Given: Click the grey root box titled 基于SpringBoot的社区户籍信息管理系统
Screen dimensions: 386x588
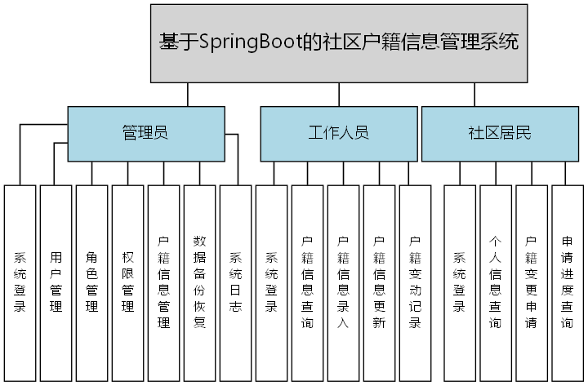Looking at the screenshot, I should (x=339, y=42).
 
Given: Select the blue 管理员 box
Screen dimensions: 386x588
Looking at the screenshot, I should (x=145, y=133).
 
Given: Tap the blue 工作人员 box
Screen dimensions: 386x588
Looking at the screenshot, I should (x=338, y=133).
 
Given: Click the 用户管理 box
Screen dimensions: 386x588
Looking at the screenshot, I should (x=56, y=282).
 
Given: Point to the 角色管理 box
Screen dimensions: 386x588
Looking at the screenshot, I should (x=91, y=282).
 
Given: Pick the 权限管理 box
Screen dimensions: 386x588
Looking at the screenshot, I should (x=127, y=282).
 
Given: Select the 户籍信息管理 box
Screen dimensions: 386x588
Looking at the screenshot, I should (x=163, y=282).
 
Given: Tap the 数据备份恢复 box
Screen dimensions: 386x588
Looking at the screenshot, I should (x=199, y=282).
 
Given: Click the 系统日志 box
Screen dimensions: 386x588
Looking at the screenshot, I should (x=235, y=282).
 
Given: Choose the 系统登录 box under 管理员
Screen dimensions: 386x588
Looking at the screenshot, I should (x=20, y=282).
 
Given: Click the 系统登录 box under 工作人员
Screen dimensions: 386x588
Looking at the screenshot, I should (x=271, y=282).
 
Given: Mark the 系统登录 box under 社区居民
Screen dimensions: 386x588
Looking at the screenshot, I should (x=460, y=282).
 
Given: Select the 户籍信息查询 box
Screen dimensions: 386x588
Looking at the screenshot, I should (x=307, y=282).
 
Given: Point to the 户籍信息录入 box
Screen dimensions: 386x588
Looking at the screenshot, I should (x=343, y=282).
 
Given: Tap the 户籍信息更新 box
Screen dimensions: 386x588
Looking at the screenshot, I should (x=379, y=282).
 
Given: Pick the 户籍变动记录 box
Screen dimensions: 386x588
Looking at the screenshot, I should (x=415, y=282).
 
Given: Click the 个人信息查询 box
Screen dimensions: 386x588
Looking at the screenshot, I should (x=496, y=282).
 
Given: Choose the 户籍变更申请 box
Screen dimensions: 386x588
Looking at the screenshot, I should (x=532, y=282).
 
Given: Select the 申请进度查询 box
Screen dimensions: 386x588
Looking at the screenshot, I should (x=568, y=282).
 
